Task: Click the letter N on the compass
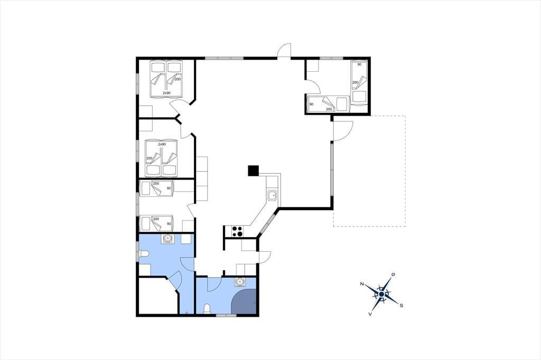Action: click(362, 284)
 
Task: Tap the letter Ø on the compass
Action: click(393, 274)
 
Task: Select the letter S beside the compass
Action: click(402, 305)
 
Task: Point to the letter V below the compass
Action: click(370, 314)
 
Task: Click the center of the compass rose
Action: click(381, 294)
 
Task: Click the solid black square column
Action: click(253, 170)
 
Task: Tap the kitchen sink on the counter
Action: click(273, 195)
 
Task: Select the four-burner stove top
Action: click(237, 231)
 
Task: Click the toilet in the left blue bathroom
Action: click(144, 254)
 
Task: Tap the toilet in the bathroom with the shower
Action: click(207, 309)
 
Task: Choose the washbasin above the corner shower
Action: click(239, 282)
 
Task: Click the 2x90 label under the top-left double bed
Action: click(166, 93)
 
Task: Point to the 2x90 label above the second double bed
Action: click(162, 144)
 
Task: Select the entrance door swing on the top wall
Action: click(285, 50)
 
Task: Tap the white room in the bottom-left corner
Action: click(157, 296)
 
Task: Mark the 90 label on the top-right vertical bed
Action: click(359, 64)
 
